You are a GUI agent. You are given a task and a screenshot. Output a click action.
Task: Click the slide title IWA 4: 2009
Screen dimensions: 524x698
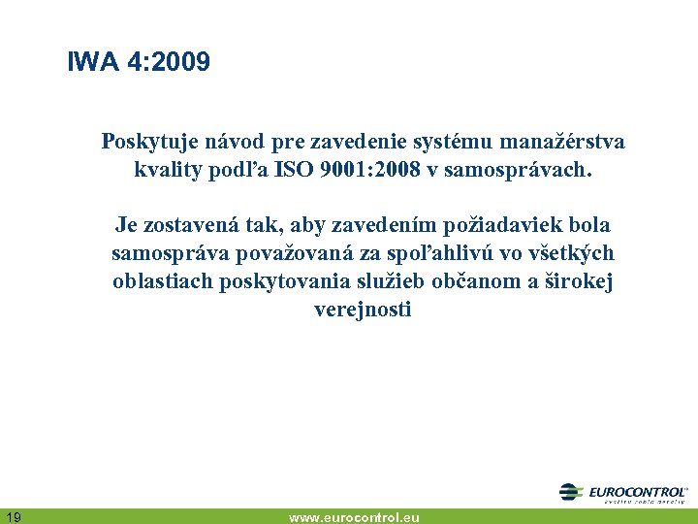[x=139, y=63]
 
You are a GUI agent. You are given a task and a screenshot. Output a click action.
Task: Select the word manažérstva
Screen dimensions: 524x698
[x=562, y=143]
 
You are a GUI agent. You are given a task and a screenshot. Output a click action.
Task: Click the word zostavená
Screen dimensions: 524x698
[x=190, y=225]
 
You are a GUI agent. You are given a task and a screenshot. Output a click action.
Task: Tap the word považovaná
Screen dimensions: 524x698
[x=290, y=253]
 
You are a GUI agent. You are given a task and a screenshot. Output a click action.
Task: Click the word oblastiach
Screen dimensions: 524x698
[x=158, y=281]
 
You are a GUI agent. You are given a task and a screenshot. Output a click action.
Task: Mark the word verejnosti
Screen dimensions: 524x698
[x=363, y=310]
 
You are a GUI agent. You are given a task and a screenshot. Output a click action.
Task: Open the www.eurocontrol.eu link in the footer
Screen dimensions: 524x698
[x=354, y=517]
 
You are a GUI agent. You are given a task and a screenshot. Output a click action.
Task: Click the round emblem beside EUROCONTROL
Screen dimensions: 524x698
[x=571, y=492]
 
